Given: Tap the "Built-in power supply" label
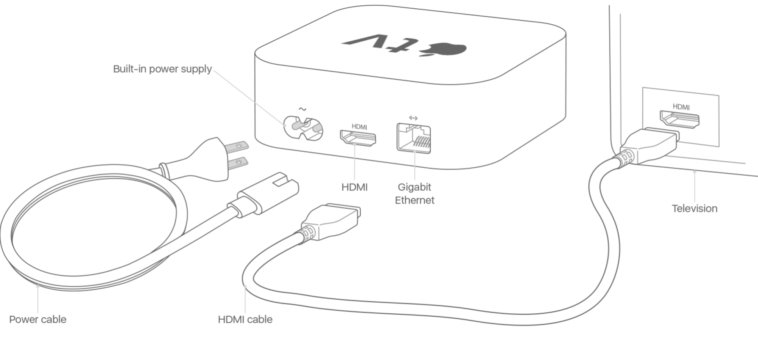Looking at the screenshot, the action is [x=162, y=69].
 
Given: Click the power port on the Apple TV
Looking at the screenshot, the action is [x=303, y=128].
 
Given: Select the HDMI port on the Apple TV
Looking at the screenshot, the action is [x=358, y=138].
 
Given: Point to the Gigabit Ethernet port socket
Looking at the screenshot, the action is [x=413, y=138].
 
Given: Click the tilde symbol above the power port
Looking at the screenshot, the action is [x=302, y=109].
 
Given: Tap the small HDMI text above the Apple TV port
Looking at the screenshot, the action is [x=359, y=127].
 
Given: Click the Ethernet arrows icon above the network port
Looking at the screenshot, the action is [x=413, y=118].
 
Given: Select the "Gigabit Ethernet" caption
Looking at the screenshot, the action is [x=414, y=193].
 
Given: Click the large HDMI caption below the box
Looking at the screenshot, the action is [x=355, y=187].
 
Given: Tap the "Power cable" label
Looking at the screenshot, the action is [x=38, y=319].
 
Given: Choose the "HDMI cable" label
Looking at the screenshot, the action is [x=245, y=319].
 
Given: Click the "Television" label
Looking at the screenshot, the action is [x=695, y=209].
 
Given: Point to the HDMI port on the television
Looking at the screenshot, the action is [x=680, y=119].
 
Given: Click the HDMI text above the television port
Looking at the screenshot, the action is [x=681, y=107].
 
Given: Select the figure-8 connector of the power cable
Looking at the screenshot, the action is [x=267, y=193].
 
